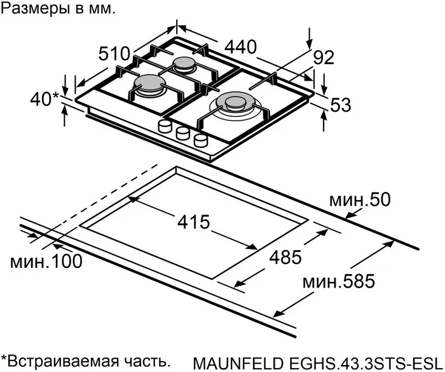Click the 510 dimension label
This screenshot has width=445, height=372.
(114, 53)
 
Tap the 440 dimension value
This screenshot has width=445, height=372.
(240, 46)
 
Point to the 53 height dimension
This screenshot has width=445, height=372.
(341, 105)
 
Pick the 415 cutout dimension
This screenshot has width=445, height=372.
(193, 222)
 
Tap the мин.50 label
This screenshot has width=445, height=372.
(359, 201)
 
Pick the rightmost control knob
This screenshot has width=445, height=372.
(202, 139)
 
